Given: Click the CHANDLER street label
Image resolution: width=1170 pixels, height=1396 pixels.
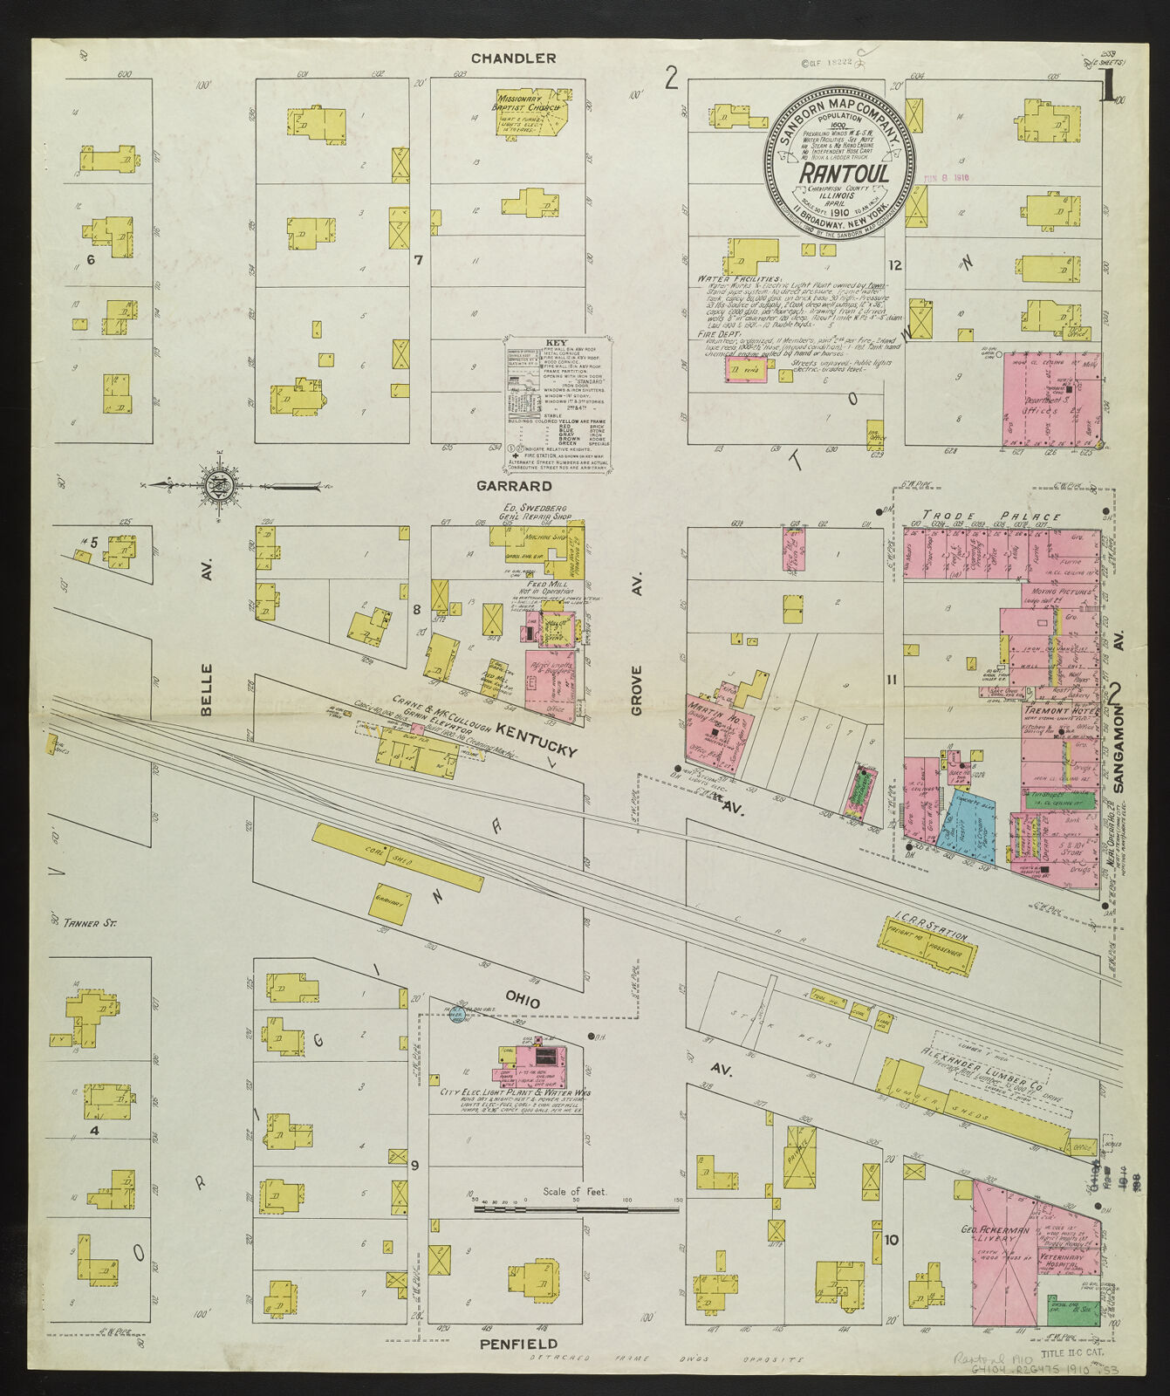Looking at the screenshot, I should pos(513,58).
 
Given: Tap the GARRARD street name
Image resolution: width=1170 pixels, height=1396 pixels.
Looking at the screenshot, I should pos(513,485).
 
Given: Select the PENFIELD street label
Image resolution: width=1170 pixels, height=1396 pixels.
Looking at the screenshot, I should pos(518,1345).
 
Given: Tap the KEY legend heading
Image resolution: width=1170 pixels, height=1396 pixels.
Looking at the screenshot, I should pos(556,343).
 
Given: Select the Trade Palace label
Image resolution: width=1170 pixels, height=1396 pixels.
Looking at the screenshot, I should pos(991,517).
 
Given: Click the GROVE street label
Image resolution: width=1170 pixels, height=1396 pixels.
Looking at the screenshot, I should pos(637,690).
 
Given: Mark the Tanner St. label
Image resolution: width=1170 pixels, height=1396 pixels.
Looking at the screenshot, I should pos(89,922).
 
